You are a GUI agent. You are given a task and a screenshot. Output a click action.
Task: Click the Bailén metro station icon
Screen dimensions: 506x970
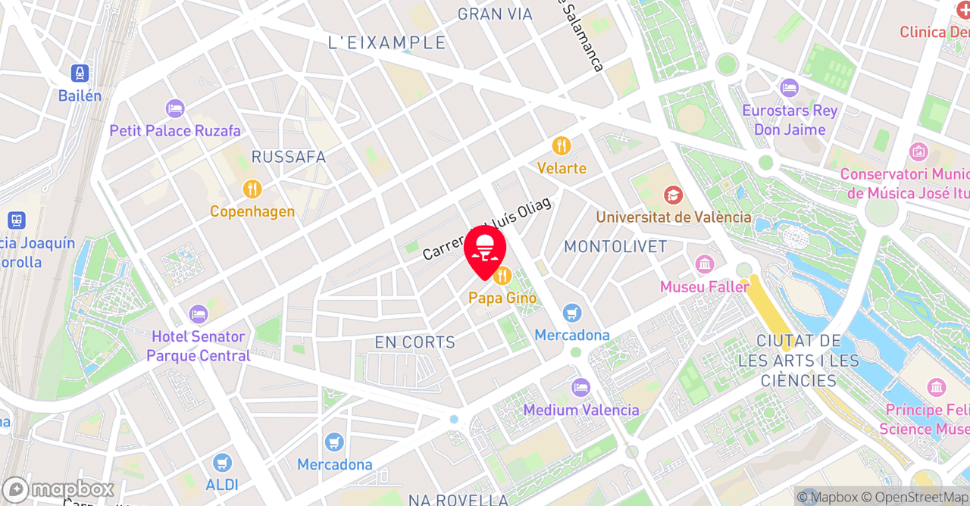point(80,73)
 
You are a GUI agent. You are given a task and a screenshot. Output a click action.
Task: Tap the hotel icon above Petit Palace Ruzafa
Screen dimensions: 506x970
point(175,108)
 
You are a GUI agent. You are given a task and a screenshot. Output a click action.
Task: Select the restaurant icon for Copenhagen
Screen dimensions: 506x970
point(252,189)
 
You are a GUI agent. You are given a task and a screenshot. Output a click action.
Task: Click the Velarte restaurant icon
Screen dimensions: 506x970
point(562,145)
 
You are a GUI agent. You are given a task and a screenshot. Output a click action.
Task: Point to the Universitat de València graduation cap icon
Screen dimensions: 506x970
point(673,195)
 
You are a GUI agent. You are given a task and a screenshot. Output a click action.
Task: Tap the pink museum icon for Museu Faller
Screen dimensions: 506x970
point(705,265)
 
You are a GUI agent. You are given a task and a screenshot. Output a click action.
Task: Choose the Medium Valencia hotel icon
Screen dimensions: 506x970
point(581,387)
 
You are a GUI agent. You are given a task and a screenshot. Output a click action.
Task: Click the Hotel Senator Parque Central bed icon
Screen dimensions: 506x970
point(199,314)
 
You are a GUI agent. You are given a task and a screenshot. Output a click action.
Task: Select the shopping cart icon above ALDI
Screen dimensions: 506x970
point(222,462)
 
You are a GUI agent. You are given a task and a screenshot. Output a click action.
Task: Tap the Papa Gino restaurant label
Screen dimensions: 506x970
point(496,298)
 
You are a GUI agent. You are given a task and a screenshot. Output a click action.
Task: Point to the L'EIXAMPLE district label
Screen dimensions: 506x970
point(386,43)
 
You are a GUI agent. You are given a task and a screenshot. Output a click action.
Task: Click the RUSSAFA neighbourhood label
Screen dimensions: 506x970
point(288,157)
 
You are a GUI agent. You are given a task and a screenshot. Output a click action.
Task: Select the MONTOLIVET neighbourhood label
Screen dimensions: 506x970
point(615,247)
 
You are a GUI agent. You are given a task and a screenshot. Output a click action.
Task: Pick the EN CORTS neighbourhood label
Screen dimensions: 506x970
point(415,342)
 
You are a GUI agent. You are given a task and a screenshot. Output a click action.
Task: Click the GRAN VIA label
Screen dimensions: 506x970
point(490,14)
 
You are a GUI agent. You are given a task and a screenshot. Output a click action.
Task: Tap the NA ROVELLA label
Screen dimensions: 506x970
point(458,499)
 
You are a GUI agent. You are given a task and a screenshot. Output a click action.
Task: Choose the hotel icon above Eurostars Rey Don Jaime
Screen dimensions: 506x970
point(789,88)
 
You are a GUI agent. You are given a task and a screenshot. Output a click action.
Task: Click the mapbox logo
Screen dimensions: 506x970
point(58,489)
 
